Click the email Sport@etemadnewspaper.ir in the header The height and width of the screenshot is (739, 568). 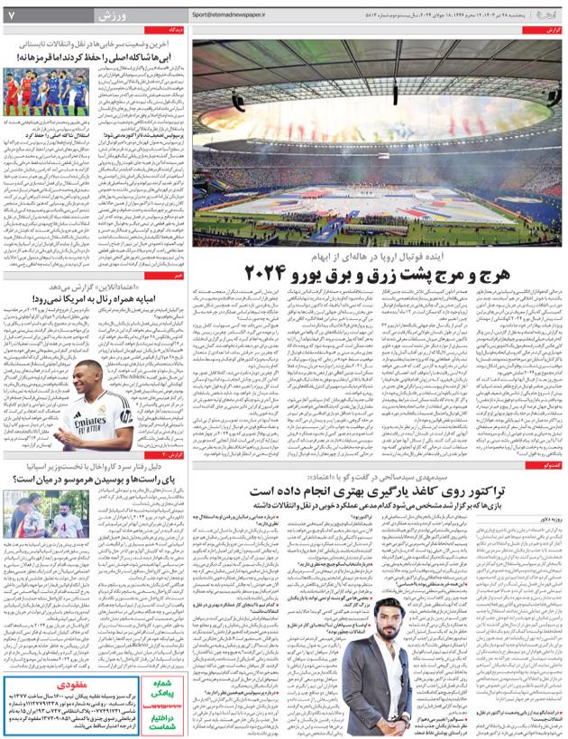[x=236, y=15]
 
